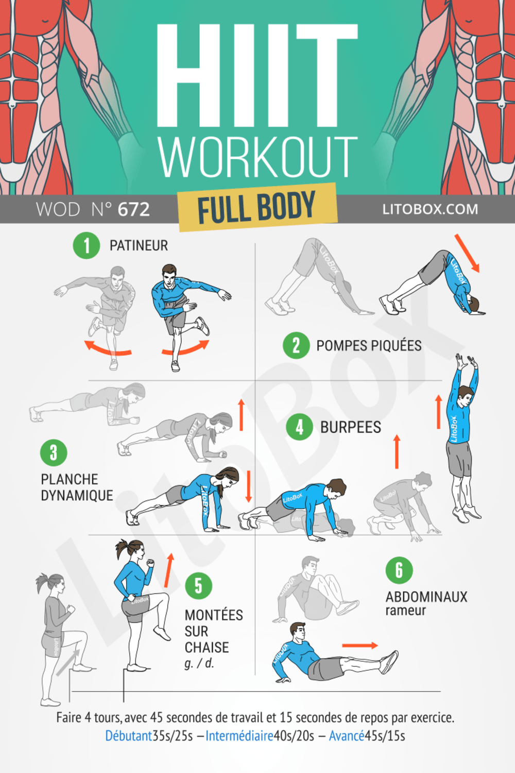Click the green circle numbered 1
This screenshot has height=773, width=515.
(x=86, y=245)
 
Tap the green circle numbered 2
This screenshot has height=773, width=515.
(x=296, y=345)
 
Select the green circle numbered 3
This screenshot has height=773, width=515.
(x=54, y=452)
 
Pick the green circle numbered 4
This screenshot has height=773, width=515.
(x=300, y=427)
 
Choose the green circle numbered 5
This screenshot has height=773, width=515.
(x=198, y=585)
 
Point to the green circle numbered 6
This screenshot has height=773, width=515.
(x=399, y=570)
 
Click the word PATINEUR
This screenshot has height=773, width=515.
(x=139, y=245)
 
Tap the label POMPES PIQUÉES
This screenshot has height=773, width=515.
(x=369, y=346)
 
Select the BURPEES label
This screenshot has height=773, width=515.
(x=351, y=427)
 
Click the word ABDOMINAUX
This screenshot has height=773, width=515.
(x=426, y=597)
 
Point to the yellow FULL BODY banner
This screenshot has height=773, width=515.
(x=257, y=208)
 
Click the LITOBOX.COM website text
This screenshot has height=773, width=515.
(x=430, y=209)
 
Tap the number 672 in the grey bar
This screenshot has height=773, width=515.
(x=134, y=210)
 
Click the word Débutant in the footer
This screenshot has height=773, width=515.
(x=129, y=736)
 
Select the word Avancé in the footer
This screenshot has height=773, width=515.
(x=346, y=736)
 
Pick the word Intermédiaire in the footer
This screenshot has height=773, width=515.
(x=239, y=736)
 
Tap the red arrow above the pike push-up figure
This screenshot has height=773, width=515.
(x=467, y=253)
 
